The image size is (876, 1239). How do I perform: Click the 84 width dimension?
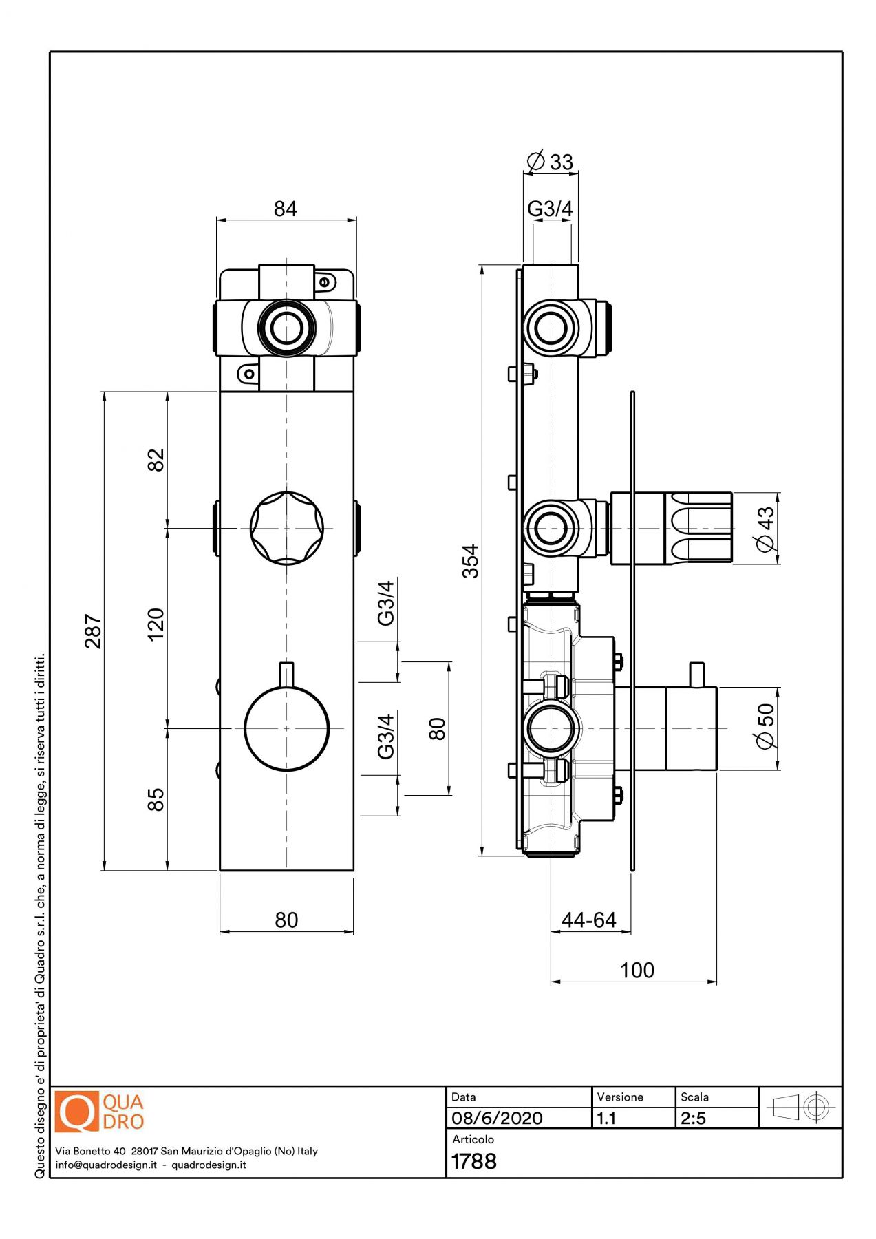[285, 209]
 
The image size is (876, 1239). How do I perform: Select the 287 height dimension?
[94, 631]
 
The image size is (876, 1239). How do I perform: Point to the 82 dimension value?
[157, 459]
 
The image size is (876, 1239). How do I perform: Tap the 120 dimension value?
[157, 624]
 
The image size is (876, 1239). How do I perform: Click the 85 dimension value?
[157, 798]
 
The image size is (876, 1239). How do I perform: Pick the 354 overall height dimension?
[470, 560]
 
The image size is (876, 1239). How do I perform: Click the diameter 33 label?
[551, 162]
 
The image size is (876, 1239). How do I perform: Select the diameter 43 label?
[766, 528]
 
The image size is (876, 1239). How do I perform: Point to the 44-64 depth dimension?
[589, 920]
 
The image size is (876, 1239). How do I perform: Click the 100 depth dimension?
[637, 970]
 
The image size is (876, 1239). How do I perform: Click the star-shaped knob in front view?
[286, 528]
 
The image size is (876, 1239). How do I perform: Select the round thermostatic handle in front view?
[286, 728]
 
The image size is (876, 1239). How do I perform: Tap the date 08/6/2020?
[497, 1118]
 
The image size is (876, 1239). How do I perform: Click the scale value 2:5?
[694, 1118]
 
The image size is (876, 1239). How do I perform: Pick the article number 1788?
[474, 1161]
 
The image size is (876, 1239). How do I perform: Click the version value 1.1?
[607, 1118]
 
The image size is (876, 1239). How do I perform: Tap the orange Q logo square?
[76, 1111]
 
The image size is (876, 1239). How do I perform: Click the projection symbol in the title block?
[801, 1108]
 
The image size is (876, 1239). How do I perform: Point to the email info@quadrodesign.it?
[106, 1165]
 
